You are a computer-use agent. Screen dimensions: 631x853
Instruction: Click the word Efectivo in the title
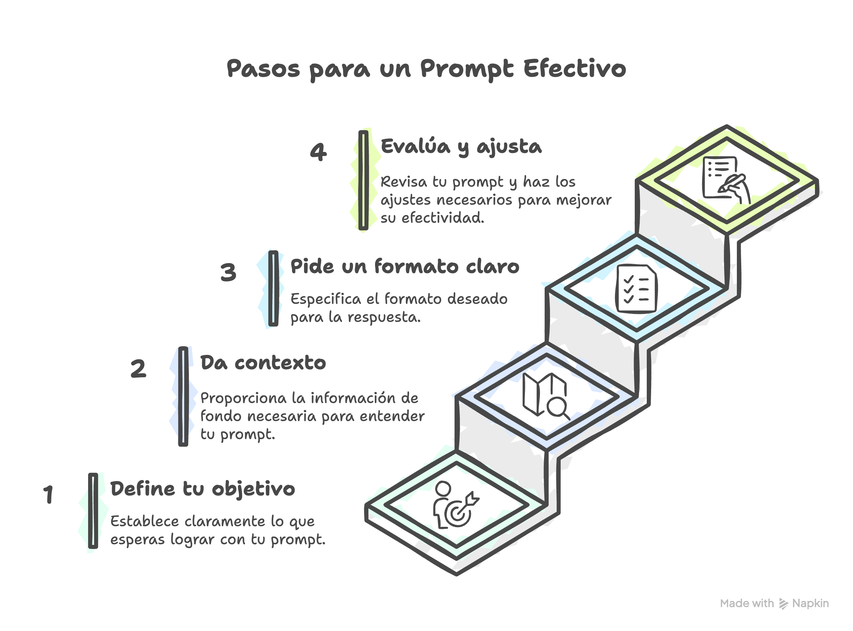[x=574, y=69]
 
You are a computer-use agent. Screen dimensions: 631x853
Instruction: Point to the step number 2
[x=138, y=369]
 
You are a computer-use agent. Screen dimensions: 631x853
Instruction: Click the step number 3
[x=228, y=272]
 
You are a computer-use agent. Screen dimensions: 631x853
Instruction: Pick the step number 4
[x=318, y=152]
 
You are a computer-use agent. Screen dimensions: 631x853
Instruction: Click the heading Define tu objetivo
[x=202, y=489]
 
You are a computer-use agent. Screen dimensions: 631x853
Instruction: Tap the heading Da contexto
[x=263, y=363]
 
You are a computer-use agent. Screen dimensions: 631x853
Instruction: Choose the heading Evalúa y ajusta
[x=461, y=147]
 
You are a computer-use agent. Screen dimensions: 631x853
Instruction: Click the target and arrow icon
[x=456, y=505]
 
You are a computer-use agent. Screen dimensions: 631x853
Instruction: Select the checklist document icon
[x=636, y=289]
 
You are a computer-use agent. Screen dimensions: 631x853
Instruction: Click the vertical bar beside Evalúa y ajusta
[x=363, y=180]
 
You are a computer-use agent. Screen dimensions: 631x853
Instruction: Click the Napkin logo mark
[x=784, y=604]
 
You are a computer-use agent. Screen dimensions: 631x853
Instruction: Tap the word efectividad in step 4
[x=443, y=218]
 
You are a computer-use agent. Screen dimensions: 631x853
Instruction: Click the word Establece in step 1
[x=145, y=521]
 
